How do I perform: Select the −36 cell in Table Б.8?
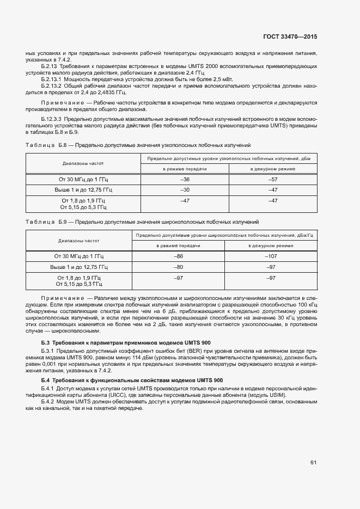[185, 179]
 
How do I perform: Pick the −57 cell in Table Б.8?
[273, 179]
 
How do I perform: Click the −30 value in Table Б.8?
[185, 190]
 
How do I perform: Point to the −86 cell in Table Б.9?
[178, 256]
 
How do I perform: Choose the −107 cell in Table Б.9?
[271, 256]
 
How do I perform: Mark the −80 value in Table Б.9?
[178, 267]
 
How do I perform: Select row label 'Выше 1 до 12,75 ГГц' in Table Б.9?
[79, 267]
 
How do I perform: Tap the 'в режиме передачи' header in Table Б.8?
[185, 169]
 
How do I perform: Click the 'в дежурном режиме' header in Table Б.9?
[271, 246]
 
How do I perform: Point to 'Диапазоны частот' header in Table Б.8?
[83, 163]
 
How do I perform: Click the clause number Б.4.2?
[49, 401]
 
